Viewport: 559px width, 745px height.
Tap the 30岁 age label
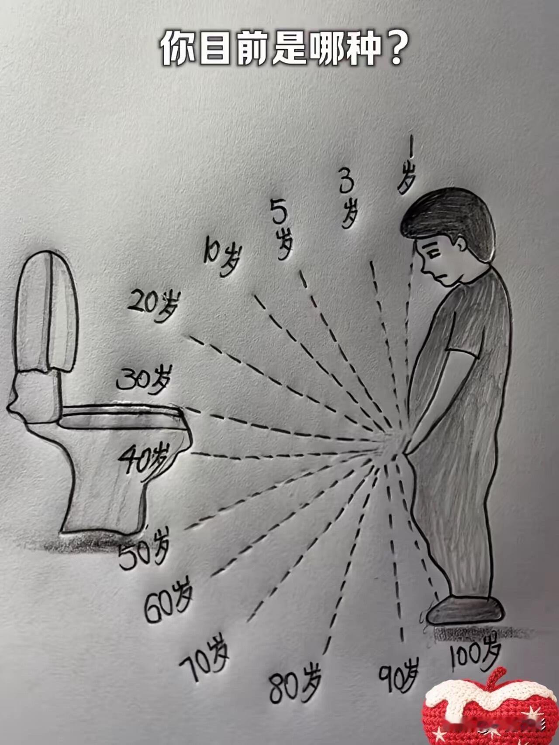point(143,380)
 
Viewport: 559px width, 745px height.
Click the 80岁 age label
point(295,687)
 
